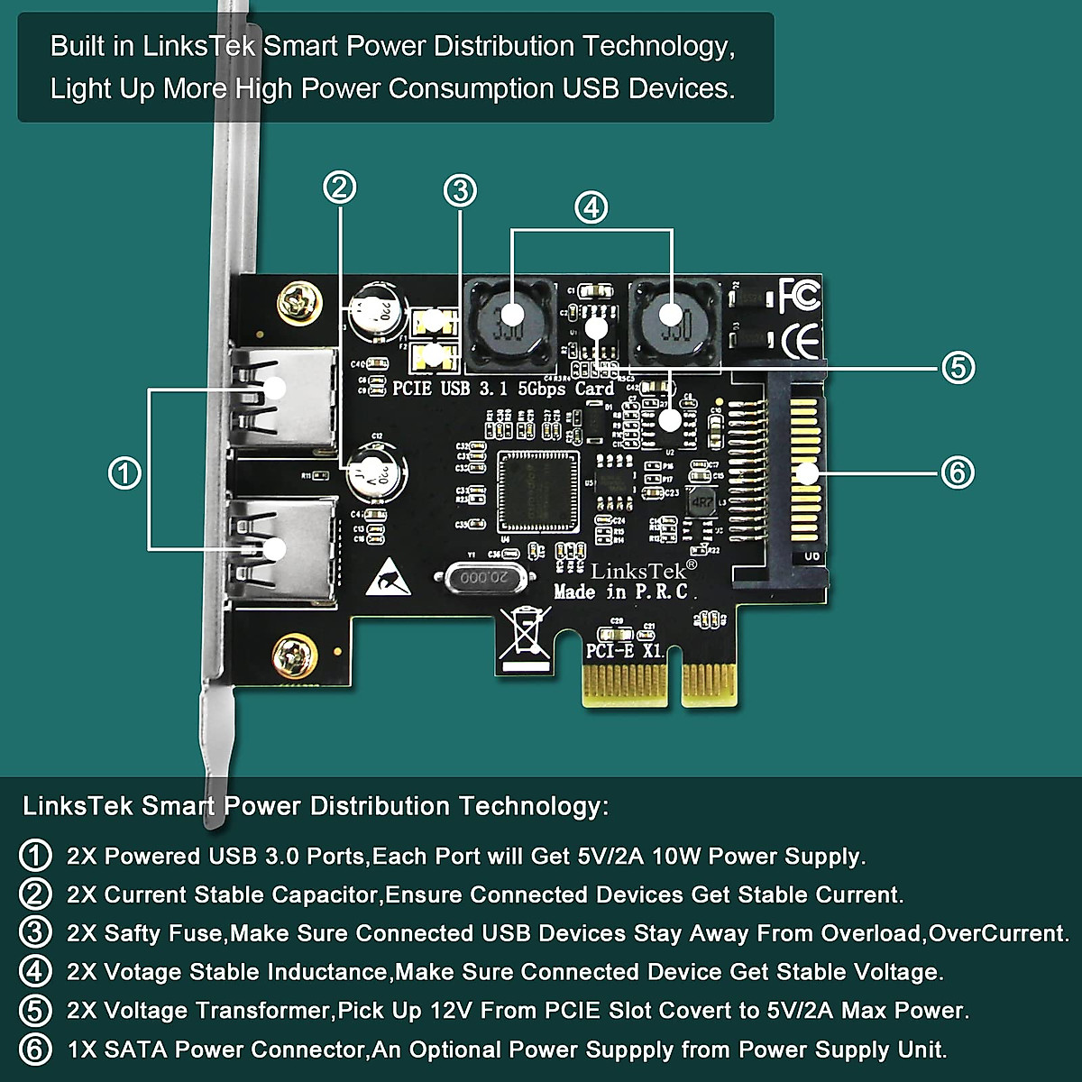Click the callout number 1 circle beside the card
tap(124, 472)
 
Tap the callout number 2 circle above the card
tap(339, 188)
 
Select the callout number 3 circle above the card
tap(460, 190)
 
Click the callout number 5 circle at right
tap(958, 368)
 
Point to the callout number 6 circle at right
tap(957, 472)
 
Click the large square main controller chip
tap(537, 492)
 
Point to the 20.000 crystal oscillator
tap(478, 577)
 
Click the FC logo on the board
tap(798, 294)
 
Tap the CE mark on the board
tap(799, 341)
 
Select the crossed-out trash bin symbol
tap(527, 637)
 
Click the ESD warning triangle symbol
tap(391, 577)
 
